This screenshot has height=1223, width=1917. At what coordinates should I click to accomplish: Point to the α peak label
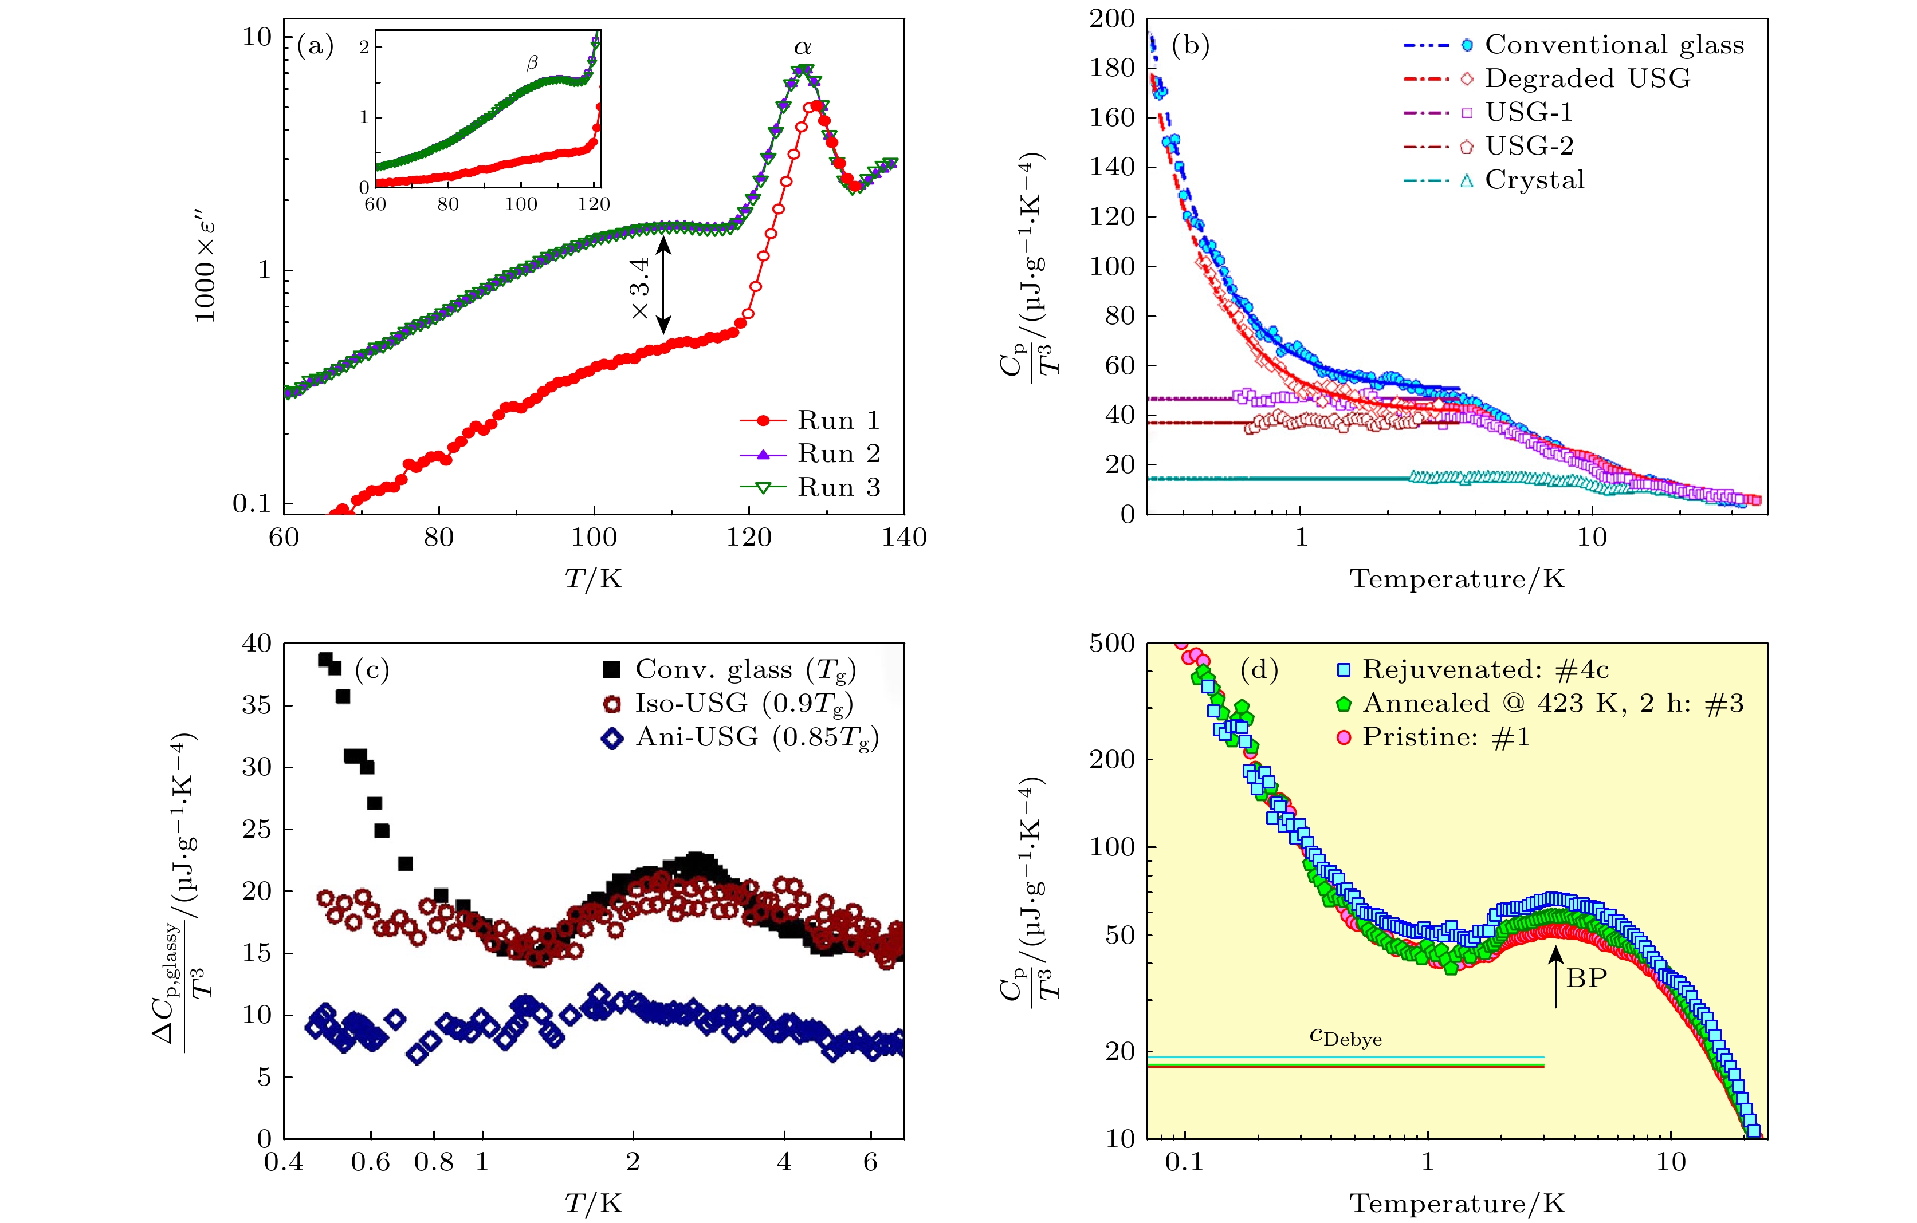pos(803,49)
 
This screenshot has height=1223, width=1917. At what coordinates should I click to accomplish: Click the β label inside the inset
pos(532,63)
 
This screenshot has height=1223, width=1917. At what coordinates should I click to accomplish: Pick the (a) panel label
pos(315,46)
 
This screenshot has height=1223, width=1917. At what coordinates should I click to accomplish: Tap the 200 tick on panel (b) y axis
pos(1112,18)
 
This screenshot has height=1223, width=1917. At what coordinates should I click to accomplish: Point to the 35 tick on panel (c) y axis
pos(256,705)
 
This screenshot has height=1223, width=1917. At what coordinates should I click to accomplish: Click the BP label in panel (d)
pos(1586,978)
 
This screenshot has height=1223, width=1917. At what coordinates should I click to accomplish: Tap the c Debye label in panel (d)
pos(1345,1037)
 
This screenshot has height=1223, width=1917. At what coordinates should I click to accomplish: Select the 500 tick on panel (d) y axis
pos(1112,644)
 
